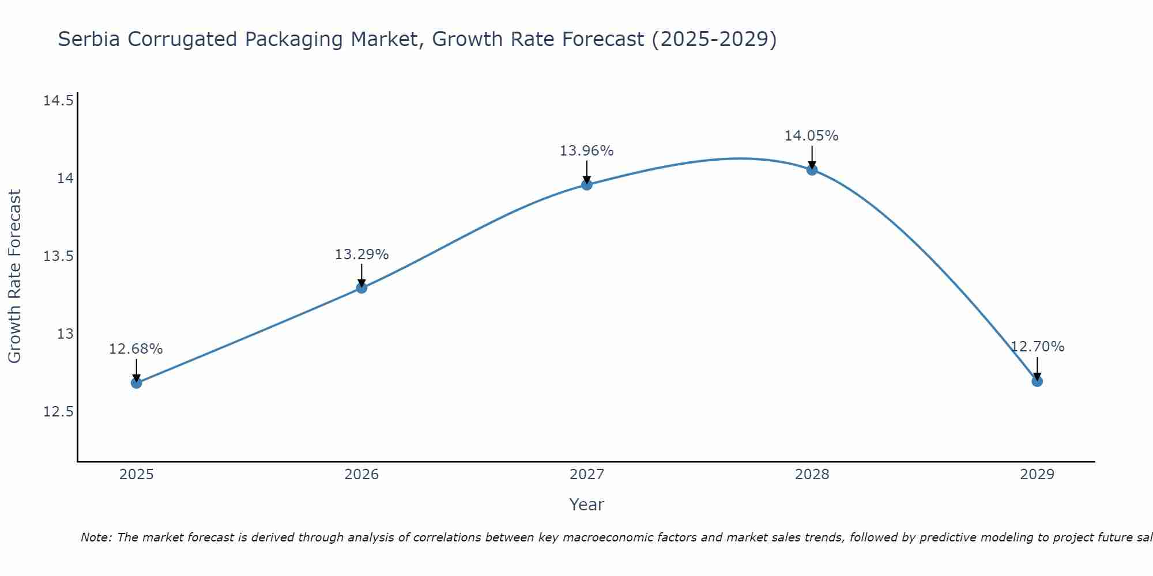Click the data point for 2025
point(137,383)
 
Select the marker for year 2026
point(361,288)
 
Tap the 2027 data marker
point(587,185)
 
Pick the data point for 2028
point(812,170)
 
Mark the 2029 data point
point(1037,381)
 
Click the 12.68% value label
point(136,349)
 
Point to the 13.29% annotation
point(361,255)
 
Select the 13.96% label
point(587,151)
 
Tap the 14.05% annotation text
point(812,136)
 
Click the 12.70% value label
point(1037,347)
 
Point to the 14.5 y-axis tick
point(58,101)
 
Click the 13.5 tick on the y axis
point(58,256)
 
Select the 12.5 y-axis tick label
point(58,412)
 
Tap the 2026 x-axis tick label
point(361,475)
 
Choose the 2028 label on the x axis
point(812,475)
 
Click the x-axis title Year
point(587,505)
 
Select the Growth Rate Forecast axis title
point(15,276)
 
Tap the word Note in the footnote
point(96,537)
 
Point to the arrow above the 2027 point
point(587,171)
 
